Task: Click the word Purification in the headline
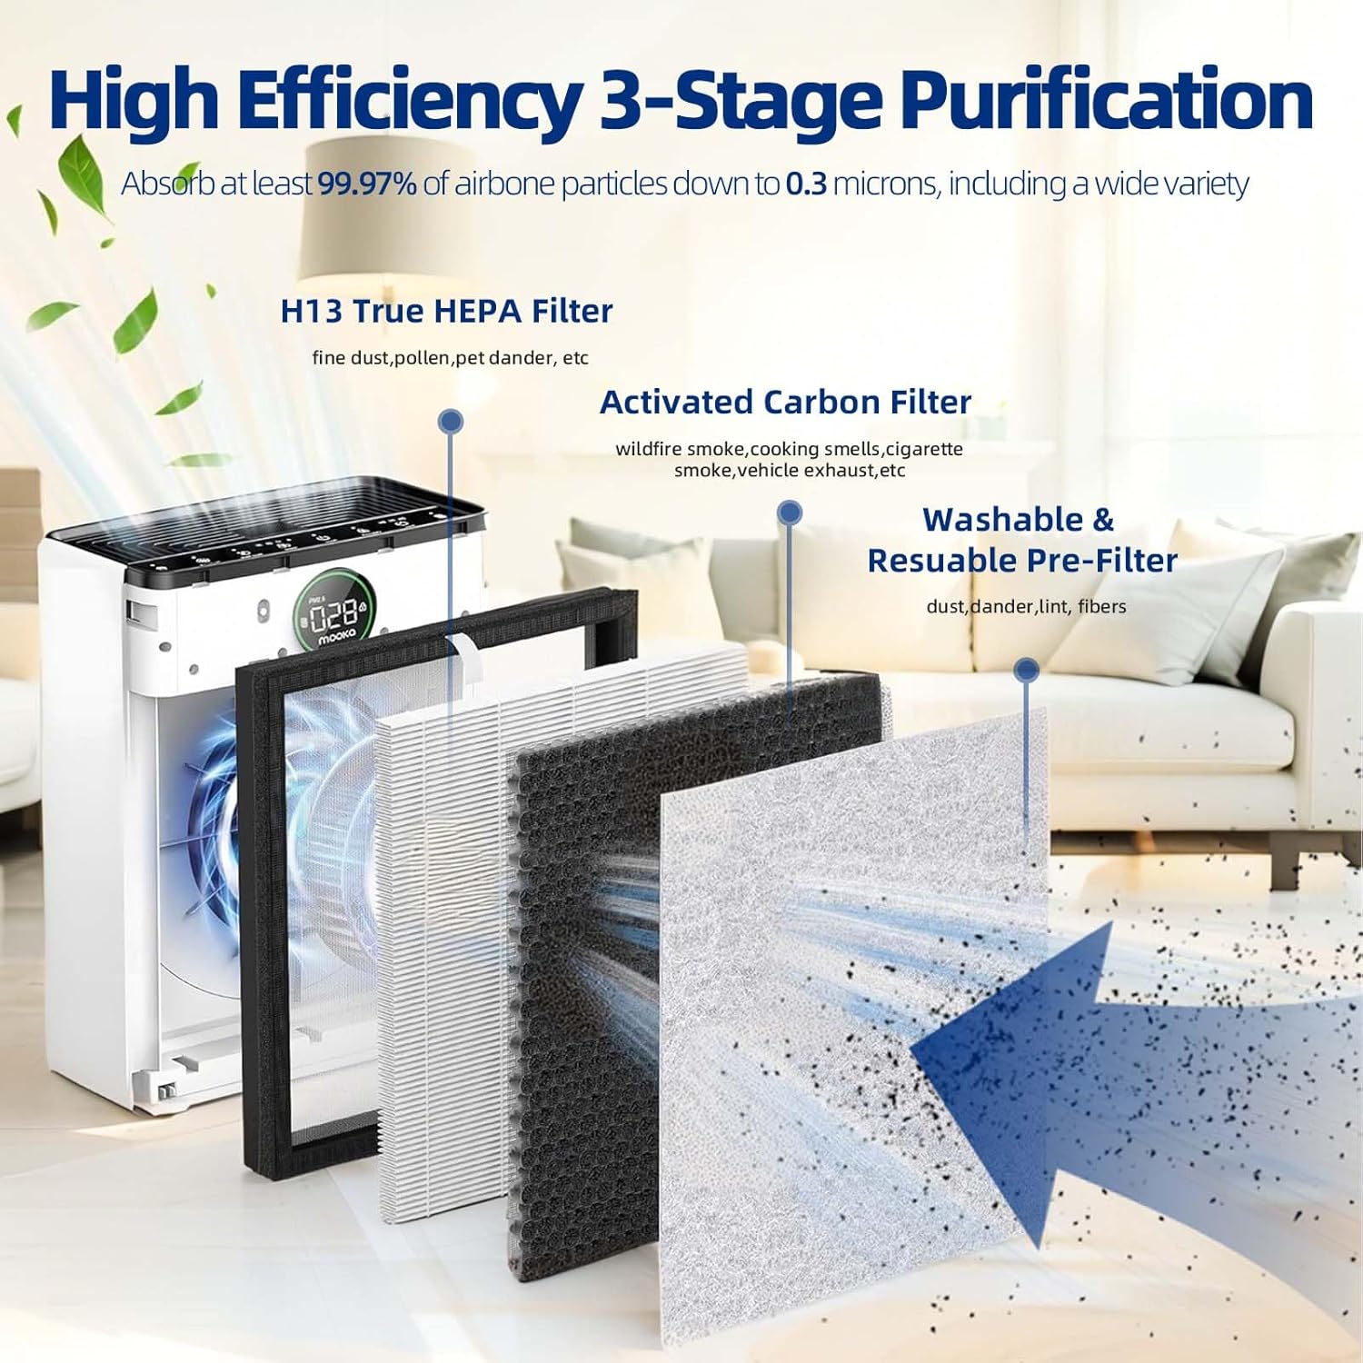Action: point(1110,100)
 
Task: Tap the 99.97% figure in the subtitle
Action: point(367,184)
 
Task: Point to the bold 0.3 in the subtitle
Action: point(806,184)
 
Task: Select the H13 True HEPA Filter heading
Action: point(446,312)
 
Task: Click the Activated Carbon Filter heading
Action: point(785,402)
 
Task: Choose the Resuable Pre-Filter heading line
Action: point(1022,561)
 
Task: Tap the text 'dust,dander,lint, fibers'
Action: point(1026,606)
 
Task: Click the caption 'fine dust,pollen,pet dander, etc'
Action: point(450,358)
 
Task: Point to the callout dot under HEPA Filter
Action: point(450,421)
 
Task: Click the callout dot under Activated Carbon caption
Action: point(790,512)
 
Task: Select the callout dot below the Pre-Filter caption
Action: point(1027,671)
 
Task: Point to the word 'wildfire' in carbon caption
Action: point(649,449)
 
